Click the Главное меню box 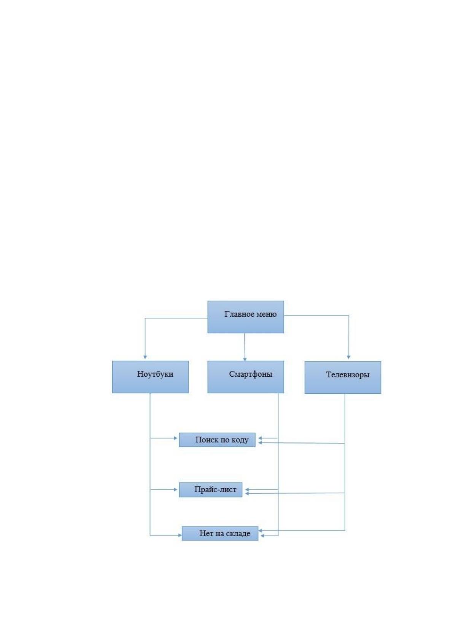pyautogui.click(x=246, y=317)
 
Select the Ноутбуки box pyautogui.click(x=150, y=377)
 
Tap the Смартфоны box pyautogui.click(x=246, y=377)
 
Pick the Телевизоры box pyautogui.click(x=343, y=377)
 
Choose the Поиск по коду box pyautogui.click(x=217, y=440)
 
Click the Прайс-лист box pyautogui.click(x=210, y=490)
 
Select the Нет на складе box pyautogui.click(x=220, y=534)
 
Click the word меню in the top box pyautogui.click(x=267, y=314)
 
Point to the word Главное pyautogui.click(x=240, y=314)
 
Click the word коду pyautogui.click(x=240, y=440)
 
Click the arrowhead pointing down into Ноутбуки pyautogui.click(x=145, y=357)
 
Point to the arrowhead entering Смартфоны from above pyautogui.click(x=245, y=359)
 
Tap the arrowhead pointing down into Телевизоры pyautogui.click(x=349, y=357)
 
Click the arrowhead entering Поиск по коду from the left pyautogui.click(x=176, y=438)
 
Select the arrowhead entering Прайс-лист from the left pyautogui.click(x=176, y=490)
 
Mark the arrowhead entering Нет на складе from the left pyautogui.click(x=180, y=535)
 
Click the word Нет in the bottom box pyautogui.click(x=205, y=534)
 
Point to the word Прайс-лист pyautogui.click(x=215, y=490)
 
